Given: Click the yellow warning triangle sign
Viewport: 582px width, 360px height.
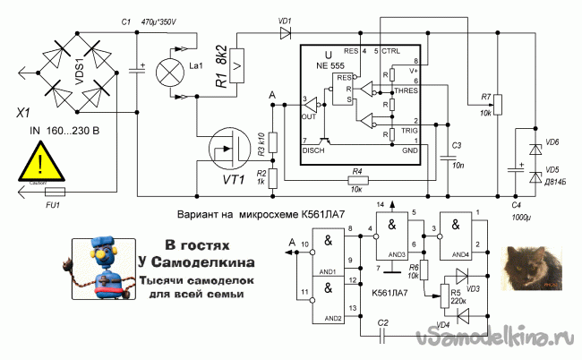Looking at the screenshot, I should (39, 164).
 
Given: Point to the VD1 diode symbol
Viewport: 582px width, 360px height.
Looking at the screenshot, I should (286, 33).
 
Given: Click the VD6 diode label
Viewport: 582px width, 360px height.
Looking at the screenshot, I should (552, 143).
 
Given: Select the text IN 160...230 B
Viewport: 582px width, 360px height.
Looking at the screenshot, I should (53, 131).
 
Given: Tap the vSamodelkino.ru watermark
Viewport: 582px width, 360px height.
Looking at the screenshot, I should (493, 339).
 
